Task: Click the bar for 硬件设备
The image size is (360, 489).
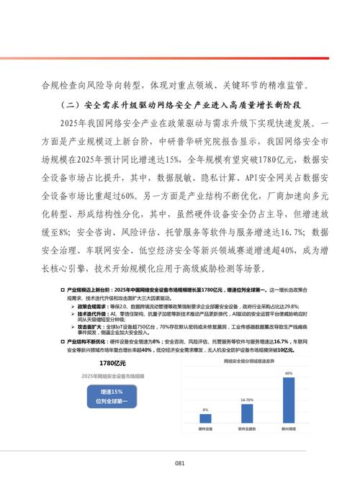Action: [x=205, y=418]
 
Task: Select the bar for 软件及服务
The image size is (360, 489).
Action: [x=247, y=411]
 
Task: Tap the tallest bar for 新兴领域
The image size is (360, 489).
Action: [x=289, y=400]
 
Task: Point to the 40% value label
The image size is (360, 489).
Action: [x=289, y=374]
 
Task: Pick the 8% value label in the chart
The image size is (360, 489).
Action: [x=205, y=409]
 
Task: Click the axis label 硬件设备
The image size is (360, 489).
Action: [x=205, y=429]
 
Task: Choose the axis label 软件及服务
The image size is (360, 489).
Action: [x=247, y=429]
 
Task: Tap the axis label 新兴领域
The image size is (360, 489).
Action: [x=289, y=429]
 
